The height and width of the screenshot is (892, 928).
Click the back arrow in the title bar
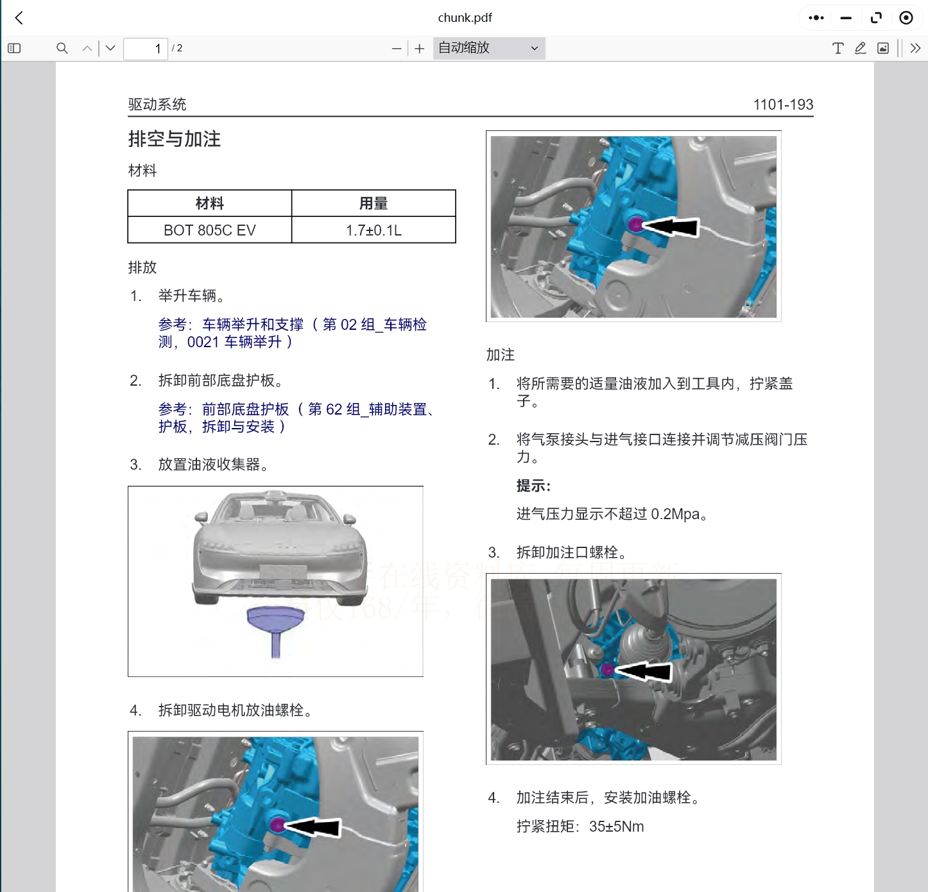point(19,18)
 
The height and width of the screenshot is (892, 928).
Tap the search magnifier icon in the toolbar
point(62,48)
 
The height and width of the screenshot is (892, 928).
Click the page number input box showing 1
point(146,49)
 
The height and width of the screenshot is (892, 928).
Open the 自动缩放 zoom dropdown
point(488,48)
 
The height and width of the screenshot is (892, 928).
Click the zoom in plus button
point(420,49)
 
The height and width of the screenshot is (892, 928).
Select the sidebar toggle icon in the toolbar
point(14,48)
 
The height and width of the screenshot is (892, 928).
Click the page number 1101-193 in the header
point(783,105)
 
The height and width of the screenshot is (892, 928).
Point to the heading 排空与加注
point(175,139)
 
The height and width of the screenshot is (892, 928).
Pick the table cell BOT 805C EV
point(210,230)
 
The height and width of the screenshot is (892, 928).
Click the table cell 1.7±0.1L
point(374,230)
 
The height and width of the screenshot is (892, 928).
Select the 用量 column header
point(374,203)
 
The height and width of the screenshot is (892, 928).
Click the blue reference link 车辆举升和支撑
point(253,325)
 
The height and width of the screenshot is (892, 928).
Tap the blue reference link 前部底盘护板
point(246,409)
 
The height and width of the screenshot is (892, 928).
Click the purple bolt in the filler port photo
point(607,670)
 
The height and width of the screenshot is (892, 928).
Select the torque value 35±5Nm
point(616,827)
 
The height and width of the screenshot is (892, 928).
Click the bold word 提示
point(533,486)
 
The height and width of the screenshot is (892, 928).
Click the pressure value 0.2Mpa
point(675,514)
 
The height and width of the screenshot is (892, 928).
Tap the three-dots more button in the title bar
point(816,18)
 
